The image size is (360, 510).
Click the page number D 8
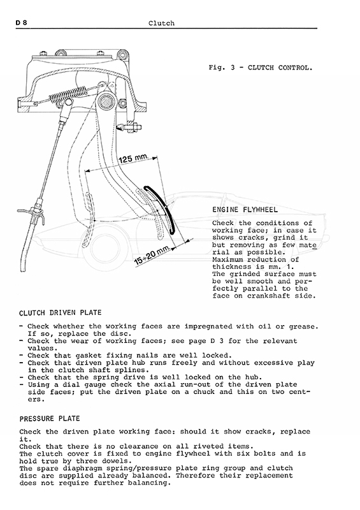[22, 23]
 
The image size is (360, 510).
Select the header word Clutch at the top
[161, 23]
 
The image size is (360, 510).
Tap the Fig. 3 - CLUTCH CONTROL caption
[261, 68]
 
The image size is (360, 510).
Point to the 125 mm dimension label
[133, 159]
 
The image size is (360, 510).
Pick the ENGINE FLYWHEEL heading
[245, 210]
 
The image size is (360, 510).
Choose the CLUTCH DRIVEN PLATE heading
[60, 313]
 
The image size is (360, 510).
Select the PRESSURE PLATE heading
[50, 419]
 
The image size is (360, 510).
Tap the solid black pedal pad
[160, 210]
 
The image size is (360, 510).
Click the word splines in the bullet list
[132, 370]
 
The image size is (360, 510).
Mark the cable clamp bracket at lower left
[32, 215]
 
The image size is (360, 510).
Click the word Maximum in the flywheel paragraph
[227, 259]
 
